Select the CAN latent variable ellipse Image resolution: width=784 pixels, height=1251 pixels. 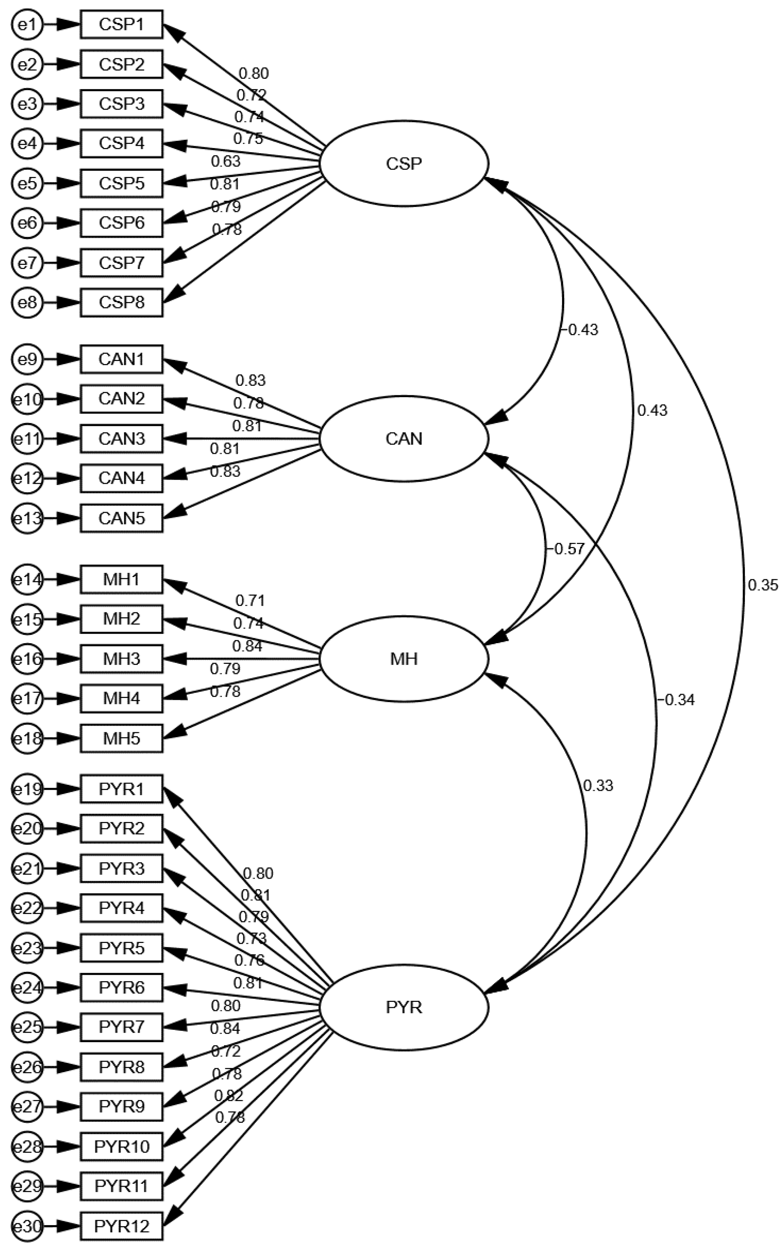coord(404,439)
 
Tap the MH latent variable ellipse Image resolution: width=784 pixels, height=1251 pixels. coord(404,659)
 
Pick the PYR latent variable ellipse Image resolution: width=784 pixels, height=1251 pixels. coord(404,1007)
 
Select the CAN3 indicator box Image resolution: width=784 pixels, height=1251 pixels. coord(121,439)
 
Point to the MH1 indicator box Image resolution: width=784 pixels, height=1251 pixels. coord(121,579)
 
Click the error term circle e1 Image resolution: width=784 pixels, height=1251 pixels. coord(27,24)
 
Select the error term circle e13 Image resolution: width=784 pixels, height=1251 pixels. coord(27,518)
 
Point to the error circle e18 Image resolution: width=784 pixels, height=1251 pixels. coord(27,738)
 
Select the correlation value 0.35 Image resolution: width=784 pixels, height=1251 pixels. coord(762,585)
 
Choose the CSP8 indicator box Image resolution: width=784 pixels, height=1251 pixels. coord(121,302)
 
